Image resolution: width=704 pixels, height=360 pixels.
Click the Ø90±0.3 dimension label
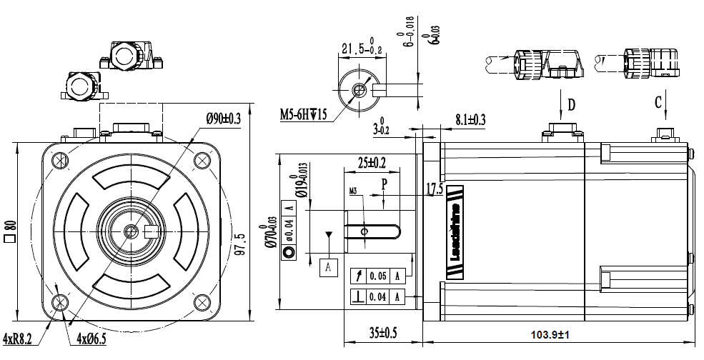(222, 119)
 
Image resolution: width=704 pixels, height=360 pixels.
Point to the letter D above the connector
(571, 105)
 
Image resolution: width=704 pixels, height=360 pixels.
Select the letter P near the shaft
(384, 184)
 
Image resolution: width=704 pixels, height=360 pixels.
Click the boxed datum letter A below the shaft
(328, 266)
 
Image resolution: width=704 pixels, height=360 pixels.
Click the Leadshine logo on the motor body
(455, 232)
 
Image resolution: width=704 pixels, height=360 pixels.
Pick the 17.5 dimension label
(435, 189)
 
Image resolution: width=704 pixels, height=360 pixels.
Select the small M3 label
(354, 191)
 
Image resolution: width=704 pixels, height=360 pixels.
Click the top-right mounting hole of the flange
(202, 161)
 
